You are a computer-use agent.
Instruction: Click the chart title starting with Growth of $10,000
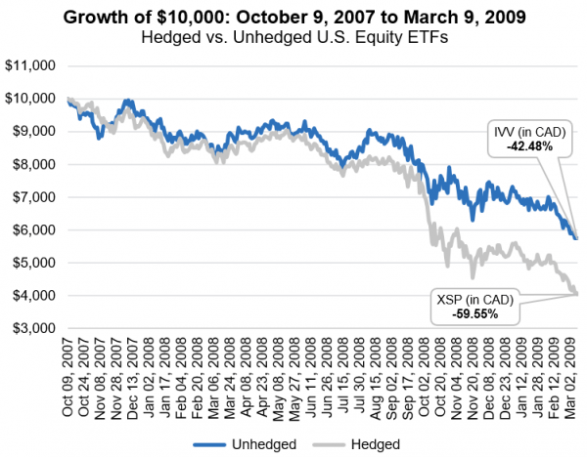pyautogui.click(x=293, y=17)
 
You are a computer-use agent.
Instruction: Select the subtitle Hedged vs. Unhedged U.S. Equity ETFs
pyautogui.click(x=293, y=37)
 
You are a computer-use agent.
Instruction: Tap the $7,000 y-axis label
pyautogui.click(x=32, y=197)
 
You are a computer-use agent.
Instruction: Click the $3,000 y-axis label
pyautogui.click(x=32, y=328)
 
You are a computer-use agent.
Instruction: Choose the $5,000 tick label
pyautogui.click(x=32, y=263)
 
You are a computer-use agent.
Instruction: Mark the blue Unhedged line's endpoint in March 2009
pyautogui.click(x=576, y=237)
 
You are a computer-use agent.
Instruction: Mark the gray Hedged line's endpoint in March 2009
pyautogui.click(x=576, y=294)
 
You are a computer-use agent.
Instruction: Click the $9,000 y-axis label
pyautogui.click(x=32, y=132)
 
